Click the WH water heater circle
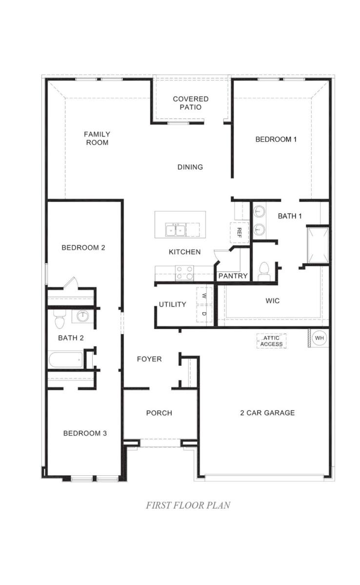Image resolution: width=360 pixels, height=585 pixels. coord(319,338)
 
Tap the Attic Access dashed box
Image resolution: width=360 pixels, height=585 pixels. coord(271,341)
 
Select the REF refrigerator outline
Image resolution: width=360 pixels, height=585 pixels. coord(239,233)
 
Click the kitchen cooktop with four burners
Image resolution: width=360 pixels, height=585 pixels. coord(184,273)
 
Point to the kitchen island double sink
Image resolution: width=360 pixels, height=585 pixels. coord(175,230)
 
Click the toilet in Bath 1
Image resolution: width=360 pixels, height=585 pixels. coord(264,272)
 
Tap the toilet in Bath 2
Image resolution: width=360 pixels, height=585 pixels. coord(60,318)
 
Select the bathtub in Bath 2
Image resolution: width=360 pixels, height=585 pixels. coord(66,360)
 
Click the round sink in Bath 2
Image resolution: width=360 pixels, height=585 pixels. coord(82,316)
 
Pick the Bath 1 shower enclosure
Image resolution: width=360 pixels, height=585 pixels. coord(318,245)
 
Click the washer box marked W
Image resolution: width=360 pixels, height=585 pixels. coord(204,295)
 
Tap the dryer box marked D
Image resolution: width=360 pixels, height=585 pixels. coord(204,313)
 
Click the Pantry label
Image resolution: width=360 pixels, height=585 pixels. coord(233,276)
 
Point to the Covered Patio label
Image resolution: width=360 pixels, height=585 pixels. coord(190,103)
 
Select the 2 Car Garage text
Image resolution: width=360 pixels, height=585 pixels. coord(267,413)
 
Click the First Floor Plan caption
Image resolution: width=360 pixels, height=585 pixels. coord(188,505)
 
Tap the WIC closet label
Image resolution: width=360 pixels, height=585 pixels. coord(273,301)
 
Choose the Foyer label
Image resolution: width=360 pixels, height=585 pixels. coord(149,359)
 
